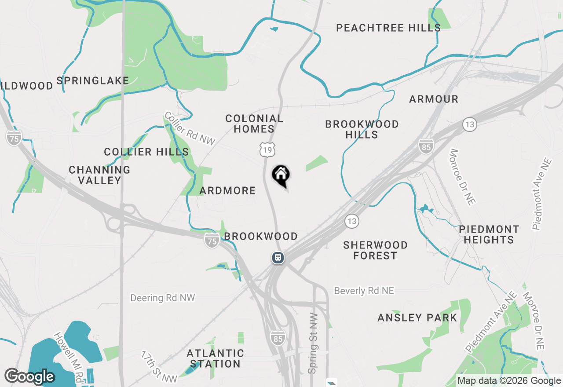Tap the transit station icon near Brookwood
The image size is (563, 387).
point(278,257)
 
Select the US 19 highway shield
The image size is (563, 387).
point(267,150)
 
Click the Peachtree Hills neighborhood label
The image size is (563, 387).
point(388,28)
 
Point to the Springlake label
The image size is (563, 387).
point(93,80)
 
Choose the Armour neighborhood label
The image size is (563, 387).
point(434,99)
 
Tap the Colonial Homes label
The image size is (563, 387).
point(254,124)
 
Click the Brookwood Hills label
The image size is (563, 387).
point(362,129)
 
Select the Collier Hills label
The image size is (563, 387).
point(146,152)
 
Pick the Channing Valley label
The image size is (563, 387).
point(99,175)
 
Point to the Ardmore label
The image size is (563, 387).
point(227,190)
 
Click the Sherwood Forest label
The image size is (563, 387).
point(375,250)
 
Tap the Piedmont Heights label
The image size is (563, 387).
point(489,234)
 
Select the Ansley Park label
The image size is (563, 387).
point(417,318)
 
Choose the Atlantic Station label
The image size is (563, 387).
point(215,358)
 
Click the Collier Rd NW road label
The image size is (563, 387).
point(190,128)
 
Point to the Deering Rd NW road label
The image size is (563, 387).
point(162,298)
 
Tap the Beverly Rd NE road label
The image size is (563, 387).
point(364,291)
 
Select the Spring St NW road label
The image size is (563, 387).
point(313,343)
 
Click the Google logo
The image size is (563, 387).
point(29,376)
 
